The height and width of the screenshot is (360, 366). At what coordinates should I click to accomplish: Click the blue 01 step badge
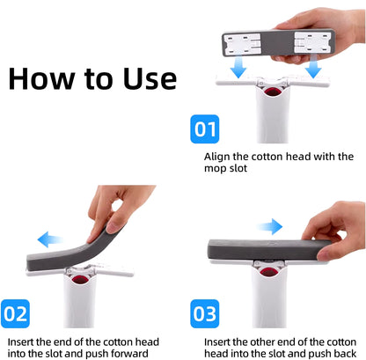click(205, 131)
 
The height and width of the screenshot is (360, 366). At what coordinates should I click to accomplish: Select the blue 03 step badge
click(205, 313)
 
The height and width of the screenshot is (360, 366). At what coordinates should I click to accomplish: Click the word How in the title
click(47, 78)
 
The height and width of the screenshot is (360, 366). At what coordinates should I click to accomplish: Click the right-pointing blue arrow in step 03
click(274, 225)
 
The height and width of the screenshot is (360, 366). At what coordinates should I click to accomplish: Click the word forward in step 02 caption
click(159, 354)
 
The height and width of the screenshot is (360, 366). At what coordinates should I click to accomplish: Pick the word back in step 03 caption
click(343, 354)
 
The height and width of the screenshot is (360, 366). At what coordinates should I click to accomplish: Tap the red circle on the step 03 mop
click(269, 280)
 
